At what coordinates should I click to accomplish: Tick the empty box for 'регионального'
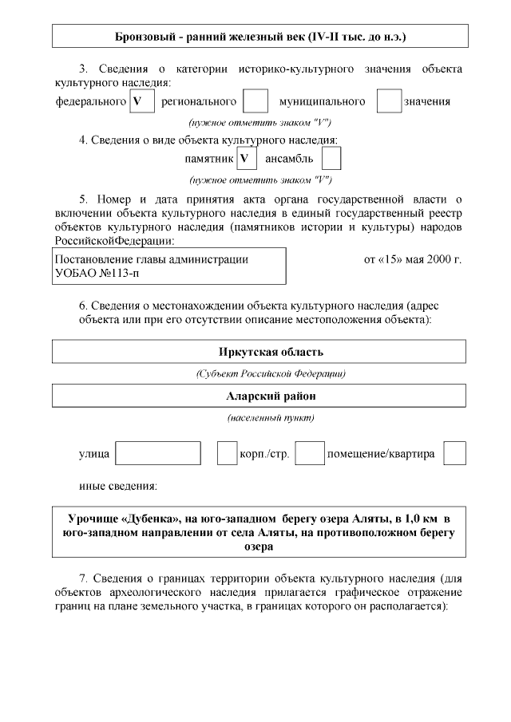(255, 101)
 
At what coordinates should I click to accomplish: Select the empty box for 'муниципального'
(389, 101)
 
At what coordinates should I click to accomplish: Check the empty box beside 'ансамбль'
(331, 158)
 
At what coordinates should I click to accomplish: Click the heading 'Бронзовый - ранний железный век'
(260, 37)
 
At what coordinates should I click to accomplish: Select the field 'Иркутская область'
(260, 353)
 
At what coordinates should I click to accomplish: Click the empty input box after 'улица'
(158, 453)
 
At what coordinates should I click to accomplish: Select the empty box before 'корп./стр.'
(228, 453)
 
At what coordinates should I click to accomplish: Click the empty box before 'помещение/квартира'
(310, 453)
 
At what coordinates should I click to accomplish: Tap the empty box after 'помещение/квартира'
(454, 453)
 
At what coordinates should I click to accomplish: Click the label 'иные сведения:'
(117, 485)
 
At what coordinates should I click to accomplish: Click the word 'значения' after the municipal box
(427, 101)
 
